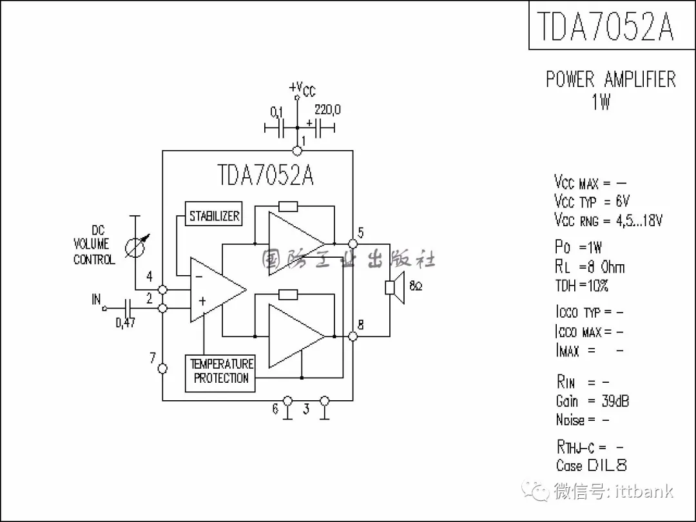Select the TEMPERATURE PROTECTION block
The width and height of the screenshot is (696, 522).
pos(220,373)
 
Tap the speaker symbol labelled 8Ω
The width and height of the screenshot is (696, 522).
pos(394,287)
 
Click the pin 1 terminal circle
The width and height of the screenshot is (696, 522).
pos(297,151)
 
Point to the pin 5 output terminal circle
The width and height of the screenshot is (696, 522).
pos(353,244)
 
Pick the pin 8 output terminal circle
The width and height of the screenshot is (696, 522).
pos(353,336)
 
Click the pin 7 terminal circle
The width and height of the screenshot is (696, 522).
pos(162,369)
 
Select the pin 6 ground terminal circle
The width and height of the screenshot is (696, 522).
pos(287,401)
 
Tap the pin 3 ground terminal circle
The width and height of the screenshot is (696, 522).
pos(324,401)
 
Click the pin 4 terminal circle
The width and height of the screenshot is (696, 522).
pos(162,289)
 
